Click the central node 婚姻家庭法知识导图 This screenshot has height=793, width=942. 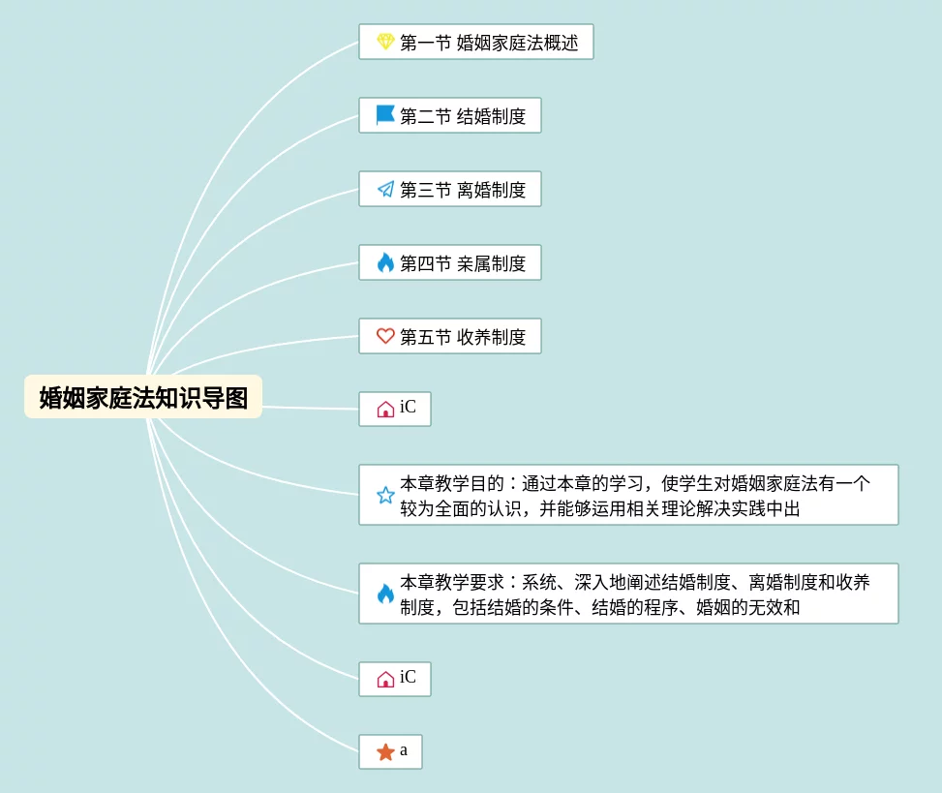[143, 397]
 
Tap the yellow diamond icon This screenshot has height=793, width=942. [385, 42]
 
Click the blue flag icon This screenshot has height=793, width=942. [385, 115]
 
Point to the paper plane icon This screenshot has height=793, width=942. [385, 189]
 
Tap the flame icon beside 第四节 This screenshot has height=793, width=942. [385, 262]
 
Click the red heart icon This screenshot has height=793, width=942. [385, 336]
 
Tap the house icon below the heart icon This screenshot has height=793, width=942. [385, 410]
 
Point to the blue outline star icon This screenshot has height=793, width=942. [385, 496]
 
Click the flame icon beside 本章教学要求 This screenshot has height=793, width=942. [385, 594]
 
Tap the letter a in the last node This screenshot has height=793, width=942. [404, 750]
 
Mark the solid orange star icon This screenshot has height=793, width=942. [385, 752]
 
